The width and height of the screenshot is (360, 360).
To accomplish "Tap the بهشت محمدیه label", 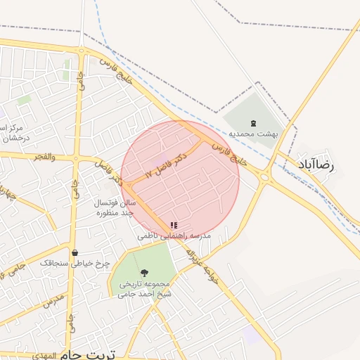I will pyautogui.click(x=252, y=133).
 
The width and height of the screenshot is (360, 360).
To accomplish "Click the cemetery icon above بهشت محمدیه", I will pyautogui.click(x=253, y=122).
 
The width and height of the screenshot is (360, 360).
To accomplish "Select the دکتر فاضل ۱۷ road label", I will pyautogui.click(x=166, y=164).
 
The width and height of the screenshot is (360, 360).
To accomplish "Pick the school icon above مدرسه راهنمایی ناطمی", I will pyautogui.click(x=173, y=226).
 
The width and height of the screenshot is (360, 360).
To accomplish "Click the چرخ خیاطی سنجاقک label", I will pyautogui.click(x=75, y=262).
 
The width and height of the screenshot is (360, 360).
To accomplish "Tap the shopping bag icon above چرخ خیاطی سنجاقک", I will pyautogui.click(x=75, y=252).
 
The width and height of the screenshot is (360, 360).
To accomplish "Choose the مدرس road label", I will pyautogui.click(x=53, y=304).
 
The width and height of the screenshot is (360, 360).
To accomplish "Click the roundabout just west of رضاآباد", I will pyautogui.click(x=265, y=177).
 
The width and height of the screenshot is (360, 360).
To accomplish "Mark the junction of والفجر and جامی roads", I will pyautogui.click(x=75, y=158).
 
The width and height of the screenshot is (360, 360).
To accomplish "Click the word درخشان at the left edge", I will pyautogui.click(x=12, y=139).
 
